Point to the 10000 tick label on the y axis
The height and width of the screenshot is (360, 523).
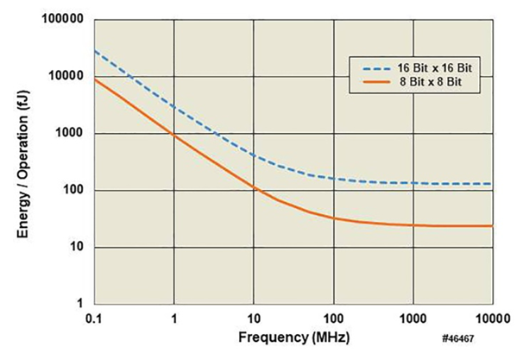tap(66, 76)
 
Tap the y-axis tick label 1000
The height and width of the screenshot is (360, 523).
tap(70, 133)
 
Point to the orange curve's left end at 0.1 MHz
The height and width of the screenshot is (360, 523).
tap(96, 79)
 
